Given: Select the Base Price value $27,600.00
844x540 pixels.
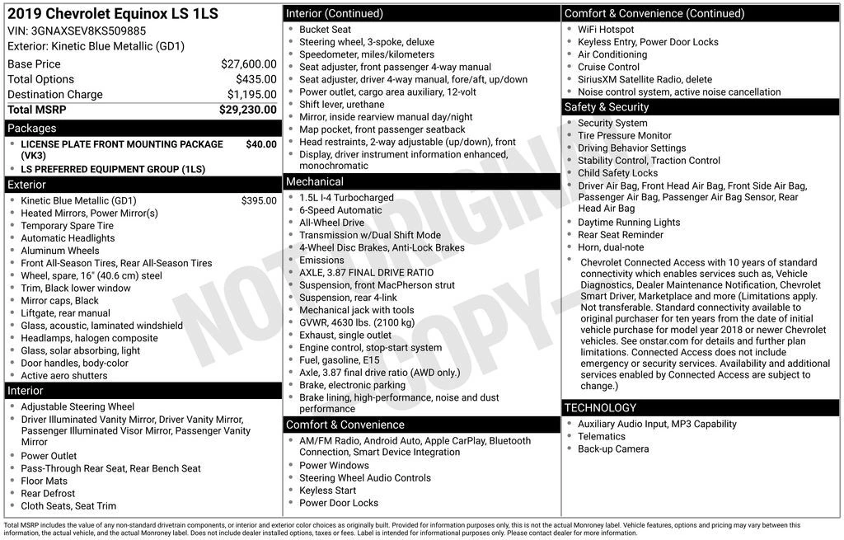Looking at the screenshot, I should click(248, 64).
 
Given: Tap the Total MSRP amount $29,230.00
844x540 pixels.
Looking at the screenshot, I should click(247, 110).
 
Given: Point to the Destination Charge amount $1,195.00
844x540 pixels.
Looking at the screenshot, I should click(251, 95).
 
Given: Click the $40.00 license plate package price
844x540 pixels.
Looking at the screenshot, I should click(261, 144).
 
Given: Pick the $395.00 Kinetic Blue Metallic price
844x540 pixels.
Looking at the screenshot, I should click(259, 200).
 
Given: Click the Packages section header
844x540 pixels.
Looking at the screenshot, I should click(32, 129).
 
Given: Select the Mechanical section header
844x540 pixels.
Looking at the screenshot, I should click(315, 181).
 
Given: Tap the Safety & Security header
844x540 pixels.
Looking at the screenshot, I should click(607, 107).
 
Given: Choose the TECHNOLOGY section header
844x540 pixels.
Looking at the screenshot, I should click(601, 407).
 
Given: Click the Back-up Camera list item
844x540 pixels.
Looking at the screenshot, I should click(613, 449).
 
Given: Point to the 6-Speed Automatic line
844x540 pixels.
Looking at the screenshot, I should click(340, 210).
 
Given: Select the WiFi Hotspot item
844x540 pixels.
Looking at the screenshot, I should click(606, 30).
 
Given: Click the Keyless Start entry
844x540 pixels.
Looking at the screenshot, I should click(327, 491).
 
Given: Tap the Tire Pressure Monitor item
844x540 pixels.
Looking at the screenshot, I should click(624, 136).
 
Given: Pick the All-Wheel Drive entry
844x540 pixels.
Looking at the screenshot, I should click(331, 223).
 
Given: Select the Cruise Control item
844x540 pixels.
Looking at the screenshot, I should click(608, 67).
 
